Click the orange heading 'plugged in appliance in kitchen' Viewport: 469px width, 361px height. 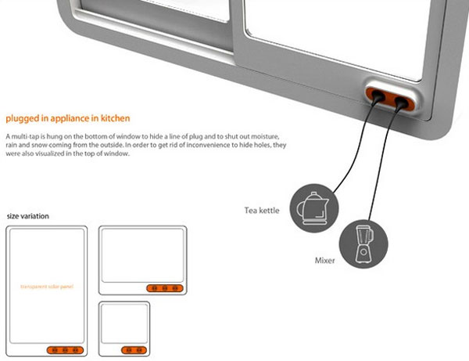(x=68, y=119)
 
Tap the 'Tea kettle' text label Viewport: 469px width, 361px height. (x=262, y=210)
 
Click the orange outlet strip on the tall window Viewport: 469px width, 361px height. (x=65, y=349)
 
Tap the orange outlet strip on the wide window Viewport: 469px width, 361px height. (x=165, y=288)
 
